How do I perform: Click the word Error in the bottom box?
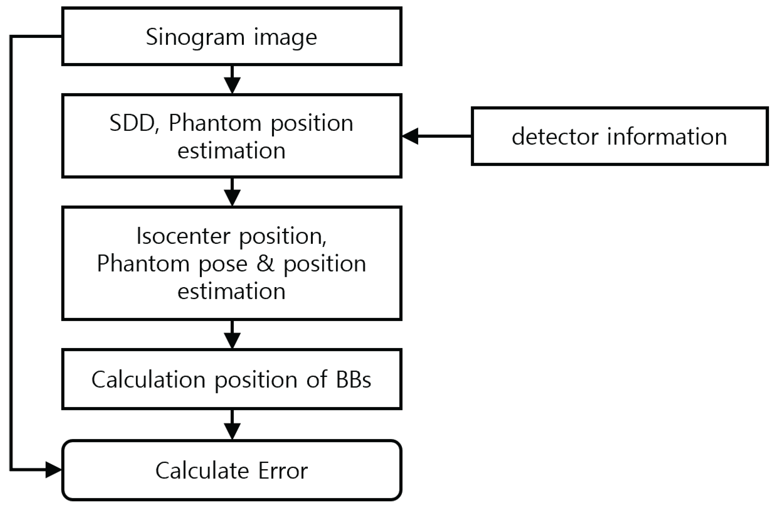(283, 471)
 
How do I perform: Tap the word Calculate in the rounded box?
(202, 471)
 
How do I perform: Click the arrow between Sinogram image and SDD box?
(232, 81)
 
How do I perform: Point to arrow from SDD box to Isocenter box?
(232, 194)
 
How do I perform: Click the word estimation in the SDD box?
(231, 151)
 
